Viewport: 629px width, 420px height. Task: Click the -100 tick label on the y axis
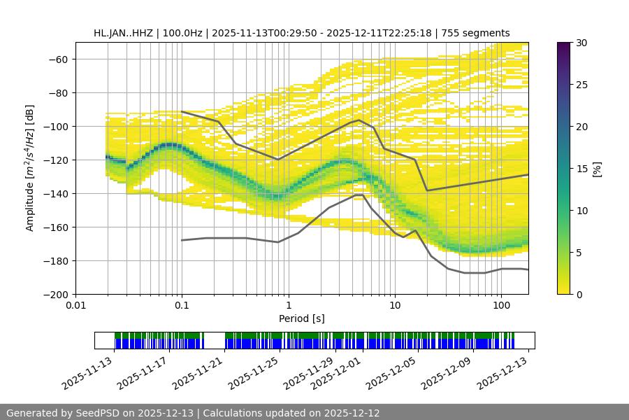click(x=59, y=126)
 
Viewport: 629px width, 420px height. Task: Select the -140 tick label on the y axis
click(x=59, y=193)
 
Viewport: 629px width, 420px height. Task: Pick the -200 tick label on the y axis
click(x=59, y=294)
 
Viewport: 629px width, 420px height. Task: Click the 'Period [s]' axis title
click(x=302, y=318)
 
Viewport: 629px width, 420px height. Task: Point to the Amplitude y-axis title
click(x=30, y=168)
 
